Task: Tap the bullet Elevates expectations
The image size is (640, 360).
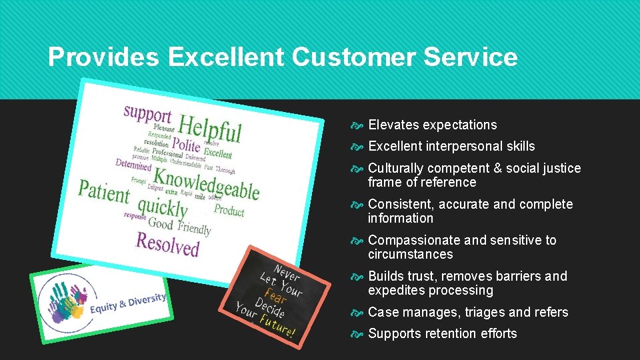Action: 432,125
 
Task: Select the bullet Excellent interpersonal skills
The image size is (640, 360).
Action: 451,146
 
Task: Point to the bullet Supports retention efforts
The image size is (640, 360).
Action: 442,333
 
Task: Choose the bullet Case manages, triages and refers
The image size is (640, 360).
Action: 468,312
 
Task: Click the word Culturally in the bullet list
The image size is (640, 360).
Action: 395,168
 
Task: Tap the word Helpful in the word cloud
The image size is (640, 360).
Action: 210,128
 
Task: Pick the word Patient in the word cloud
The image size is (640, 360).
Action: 103,191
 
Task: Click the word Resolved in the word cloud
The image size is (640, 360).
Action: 167,244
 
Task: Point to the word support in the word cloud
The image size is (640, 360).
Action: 147,115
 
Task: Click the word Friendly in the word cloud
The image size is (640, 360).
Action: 194,227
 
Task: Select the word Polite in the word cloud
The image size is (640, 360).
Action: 186,144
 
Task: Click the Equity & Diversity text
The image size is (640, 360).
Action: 128,303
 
